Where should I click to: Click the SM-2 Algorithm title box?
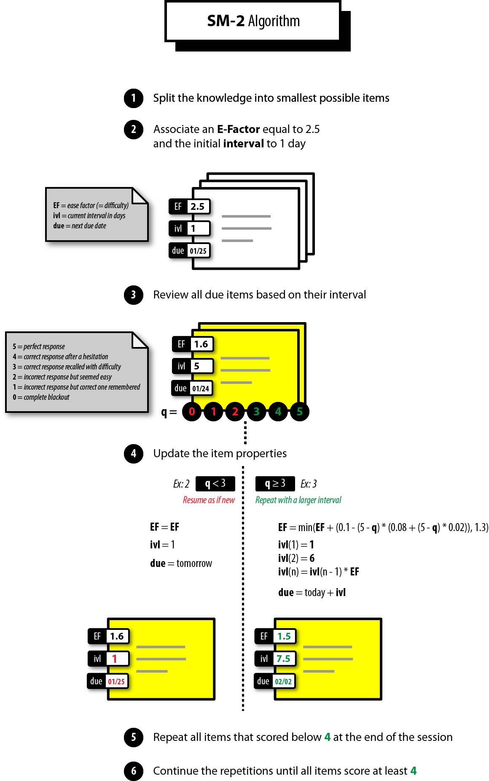coord(253,21)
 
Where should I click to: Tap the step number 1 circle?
coord(134,98)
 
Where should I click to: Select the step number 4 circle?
coord(134,453)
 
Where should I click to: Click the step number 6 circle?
coord(134,771)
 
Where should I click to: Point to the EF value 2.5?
coord(197,206)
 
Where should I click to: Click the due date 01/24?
coord(201,388)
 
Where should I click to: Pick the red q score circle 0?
coord(192,412)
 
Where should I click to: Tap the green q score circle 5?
coord(299,412)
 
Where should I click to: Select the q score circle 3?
coord(256,412)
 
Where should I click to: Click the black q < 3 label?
coord(215,483)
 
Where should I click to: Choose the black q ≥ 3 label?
coord(275,483)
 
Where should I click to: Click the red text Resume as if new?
coord(209,500)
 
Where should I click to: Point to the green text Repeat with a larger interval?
coord(298,500)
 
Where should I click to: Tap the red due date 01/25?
coord(116,681)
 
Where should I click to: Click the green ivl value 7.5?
coord(283,659)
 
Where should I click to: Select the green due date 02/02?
coord(283,681)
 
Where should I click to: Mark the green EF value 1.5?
coord(284,636)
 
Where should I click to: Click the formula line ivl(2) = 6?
coord(296,558)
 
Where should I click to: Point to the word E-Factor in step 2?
coord(238,129)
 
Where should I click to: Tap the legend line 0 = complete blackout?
coord(41,397)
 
